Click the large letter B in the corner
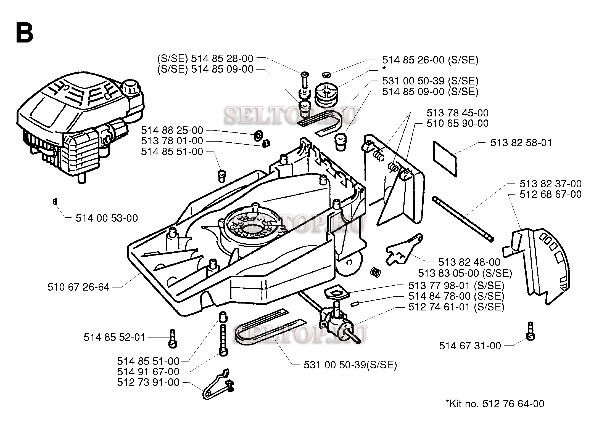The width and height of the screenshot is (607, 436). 25,33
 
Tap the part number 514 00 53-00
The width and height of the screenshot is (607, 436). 107,218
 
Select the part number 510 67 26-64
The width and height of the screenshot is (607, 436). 78,287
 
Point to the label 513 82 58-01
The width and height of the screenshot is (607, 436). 521,143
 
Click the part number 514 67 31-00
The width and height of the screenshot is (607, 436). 470,346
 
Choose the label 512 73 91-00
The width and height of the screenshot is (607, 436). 148,382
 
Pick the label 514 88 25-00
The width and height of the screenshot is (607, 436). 172,130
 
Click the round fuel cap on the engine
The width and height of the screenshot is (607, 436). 131,87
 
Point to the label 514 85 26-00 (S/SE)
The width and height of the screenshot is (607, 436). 430,60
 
